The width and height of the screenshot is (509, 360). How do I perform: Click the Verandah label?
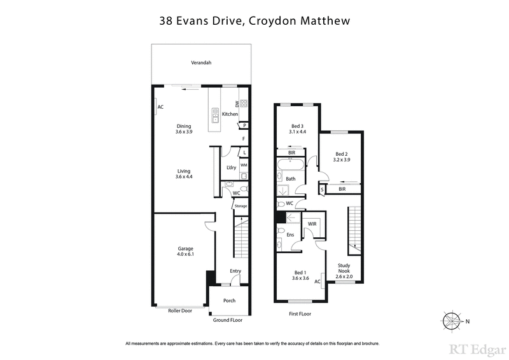201,62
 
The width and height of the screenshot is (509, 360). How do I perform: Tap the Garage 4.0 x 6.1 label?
185,251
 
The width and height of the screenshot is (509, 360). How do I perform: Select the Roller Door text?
180,310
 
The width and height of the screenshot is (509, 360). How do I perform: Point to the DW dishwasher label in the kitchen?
237,104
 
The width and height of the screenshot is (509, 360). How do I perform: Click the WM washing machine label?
243,165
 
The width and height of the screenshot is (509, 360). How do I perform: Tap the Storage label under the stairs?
240,206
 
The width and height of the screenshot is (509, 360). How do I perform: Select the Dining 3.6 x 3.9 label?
184,129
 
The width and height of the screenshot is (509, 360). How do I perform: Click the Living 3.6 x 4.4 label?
184,174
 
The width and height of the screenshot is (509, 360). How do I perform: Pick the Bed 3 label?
297,129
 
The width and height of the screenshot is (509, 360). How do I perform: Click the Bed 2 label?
342,156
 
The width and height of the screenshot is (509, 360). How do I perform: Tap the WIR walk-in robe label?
312,224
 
